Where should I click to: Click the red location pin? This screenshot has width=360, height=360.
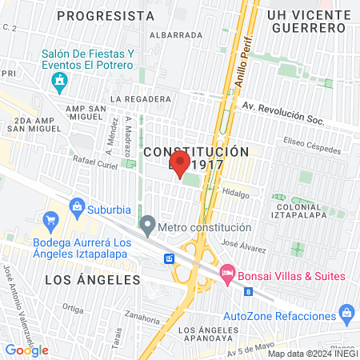coord(180,164)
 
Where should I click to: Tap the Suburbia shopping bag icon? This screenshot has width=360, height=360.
coord(78,207)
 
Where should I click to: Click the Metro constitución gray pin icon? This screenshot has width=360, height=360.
coord(146,223)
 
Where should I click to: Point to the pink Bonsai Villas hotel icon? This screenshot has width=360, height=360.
coord(226,274)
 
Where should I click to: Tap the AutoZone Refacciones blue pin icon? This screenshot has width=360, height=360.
coord(346,311)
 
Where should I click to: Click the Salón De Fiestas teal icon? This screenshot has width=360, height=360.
coord(58,80)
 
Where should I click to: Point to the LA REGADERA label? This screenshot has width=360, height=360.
coord(141,99)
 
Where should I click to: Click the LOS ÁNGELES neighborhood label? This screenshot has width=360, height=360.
coord(92,280)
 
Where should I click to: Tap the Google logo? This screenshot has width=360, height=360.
coord(26,350)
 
